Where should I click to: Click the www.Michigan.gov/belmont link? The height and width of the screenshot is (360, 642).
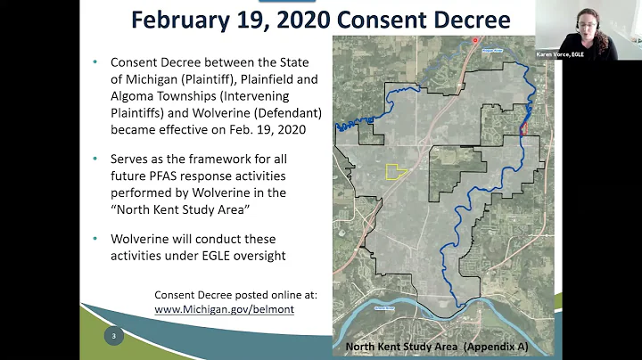click(x=224, y=309)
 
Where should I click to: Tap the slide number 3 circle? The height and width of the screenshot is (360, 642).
click(x=113, y=337)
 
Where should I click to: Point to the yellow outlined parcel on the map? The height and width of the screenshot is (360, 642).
click(x=395, y=171)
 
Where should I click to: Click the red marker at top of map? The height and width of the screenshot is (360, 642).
click(x=475, y=40)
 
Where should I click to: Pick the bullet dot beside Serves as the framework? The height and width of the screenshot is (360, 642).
click(x=96, y=159)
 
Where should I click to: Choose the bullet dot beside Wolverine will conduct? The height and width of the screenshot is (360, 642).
click(x=96, y=240)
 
